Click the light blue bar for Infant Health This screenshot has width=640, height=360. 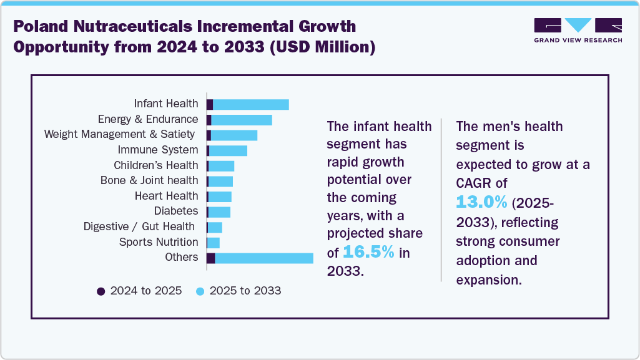(250, 104)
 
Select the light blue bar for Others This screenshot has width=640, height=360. (263, 258)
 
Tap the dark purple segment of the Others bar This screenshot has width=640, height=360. (211, 258)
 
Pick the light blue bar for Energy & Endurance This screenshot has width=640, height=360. (242, 120)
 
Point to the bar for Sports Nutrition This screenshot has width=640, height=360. (214, 243)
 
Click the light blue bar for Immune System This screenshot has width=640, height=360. (228, 150)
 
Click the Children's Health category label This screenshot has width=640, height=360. (155, 165)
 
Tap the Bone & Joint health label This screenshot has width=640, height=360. (149, 180)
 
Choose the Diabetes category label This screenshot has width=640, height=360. (175, 211)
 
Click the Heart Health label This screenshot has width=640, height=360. (166, 196)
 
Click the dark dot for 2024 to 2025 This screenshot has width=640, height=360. (101, 291)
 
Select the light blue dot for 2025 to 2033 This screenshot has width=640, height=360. (200, 291)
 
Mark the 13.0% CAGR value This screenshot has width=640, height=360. (482, 202)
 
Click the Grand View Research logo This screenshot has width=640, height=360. (578, 30)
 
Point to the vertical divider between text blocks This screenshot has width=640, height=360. (441, 200)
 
